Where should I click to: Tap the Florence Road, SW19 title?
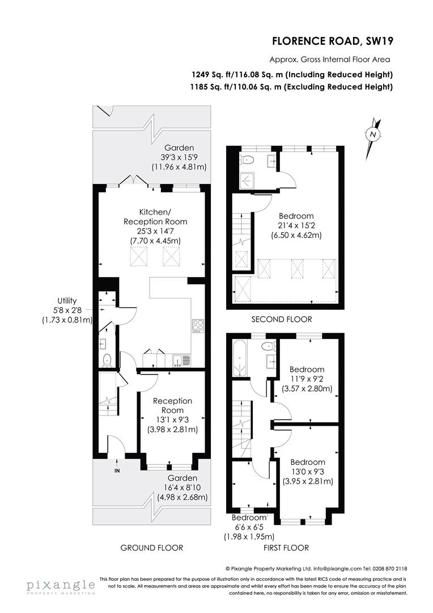(x=332, y=41)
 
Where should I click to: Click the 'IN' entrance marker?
(x=117, y=471)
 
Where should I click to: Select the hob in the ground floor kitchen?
(x=198, y=326)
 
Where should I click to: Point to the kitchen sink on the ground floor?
(x=181, y=360)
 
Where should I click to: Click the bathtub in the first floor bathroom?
(x=239, y=358)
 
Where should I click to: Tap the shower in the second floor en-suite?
(x=247, y=180)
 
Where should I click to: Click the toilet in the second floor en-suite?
(x=247, y=159)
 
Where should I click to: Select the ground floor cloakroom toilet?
(x=107, y=360)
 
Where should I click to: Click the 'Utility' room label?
(x=67, y=301)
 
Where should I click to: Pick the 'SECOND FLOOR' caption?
(x=282, y=320)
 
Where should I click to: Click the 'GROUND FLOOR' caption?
(x=151, y=548)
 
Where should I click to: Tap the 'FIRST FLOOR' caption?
(x=286, y=548)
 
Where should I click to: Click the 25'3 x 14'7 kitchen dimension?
(x=155, y=231)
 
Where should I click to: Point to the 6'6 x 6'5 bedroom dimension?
(x=249, y=527)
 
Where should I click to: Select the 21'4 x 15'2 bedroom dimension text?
(x=296, y=225)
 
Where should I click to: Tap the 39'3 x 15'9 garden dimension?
(x=179, y=157)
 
